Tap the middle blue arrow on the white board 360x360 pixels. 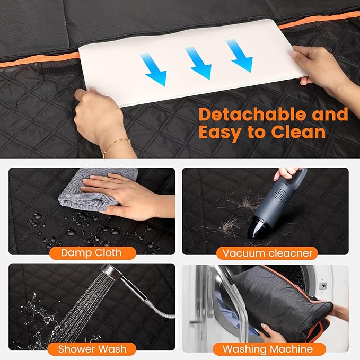199,63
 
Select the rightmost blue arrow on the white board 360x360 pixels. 240,56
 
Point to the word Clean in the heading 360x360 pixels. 298,132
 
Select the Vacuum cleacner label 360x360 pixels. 267,253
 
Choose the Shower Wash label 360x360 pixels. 92,349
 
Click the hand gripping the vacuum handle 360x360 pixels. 287,173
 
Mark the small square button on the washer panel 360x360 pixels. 323,286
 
